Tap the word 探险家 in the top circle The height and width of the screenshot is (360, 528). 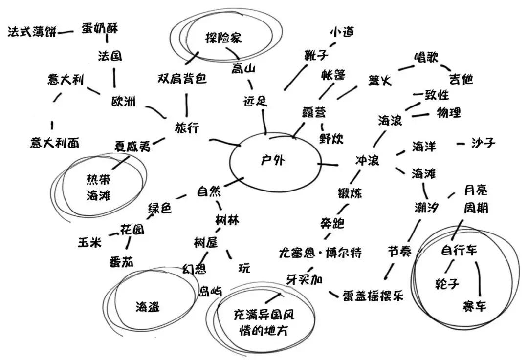tap(224, 38)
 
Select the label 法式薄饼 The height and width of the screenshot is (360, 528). tap(31, 32)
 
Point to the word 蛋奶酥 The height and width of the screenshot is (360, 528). tap(100, 28)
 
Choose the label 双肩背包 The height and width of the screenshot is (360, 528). tap(182, 79)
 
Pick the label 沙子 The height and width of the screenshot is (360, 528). tap(483, 143)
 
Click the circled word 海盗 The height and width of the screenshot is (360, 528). tap(148, 307)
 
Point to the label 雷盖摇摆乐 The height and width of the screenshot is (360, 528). tap(373, 296)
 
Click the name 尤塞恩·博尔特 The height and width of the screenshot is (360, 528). tap(320, 253)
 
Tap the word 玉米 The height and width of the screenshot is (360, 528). tap(90, 242)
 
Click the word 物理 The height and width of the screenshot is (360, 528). tap(448, 113)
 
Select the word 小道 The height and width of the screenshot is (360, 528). tap(341, 33)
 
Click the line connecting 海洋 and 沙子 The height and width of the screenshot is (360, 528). tap(461, 144)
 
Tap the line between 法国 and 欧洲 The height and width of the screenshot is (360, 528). tap(114, 77)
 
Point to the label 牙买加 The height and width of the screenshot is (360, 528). tap(305, 279)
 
